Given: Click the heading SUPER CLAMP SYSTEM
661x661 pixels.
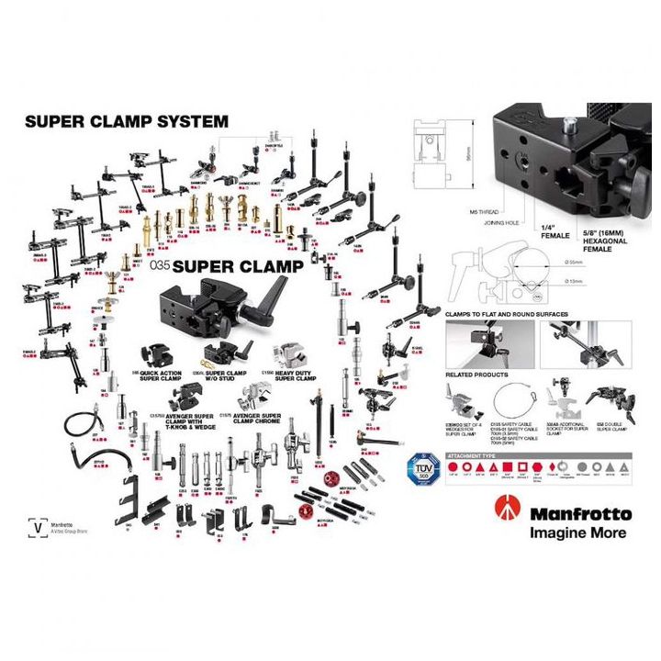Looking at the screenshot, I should click(x=127, y=120).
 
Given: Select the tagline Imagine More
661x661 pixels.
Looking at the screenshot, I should click(x=577, y=532).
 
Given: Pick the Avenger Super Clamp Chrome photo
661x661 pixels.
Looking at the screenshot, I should click(x=253, y=396).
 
